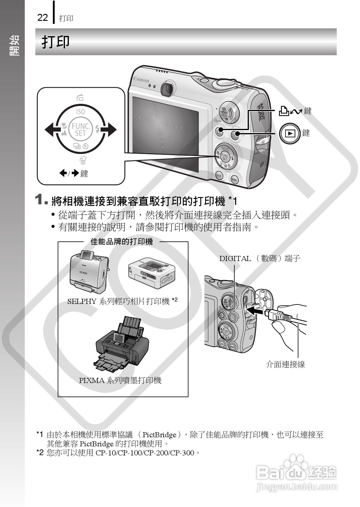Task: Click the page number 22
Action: click(43, 18)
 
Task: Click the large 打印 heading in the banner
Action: click(56, 42)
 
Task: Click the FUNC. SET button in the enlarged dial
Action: click(80, 130)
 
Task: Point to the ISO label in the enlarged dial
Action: click(80, 112)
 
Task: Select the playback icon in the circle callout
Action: click(290, 133)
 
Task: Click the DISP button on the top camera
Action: click(219, 176)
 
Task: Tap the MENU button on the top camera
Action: click(234, 180)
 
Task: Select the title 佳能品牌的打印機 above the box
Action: click(122, 241)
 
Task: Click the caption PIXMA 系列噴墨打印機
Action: click(120, 380)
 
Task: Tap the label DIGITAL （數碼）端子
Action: click(259, 258)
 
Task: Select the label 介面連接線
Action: click(285, 364)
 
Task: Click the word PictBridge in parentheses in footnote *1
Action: click(159, 435)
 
